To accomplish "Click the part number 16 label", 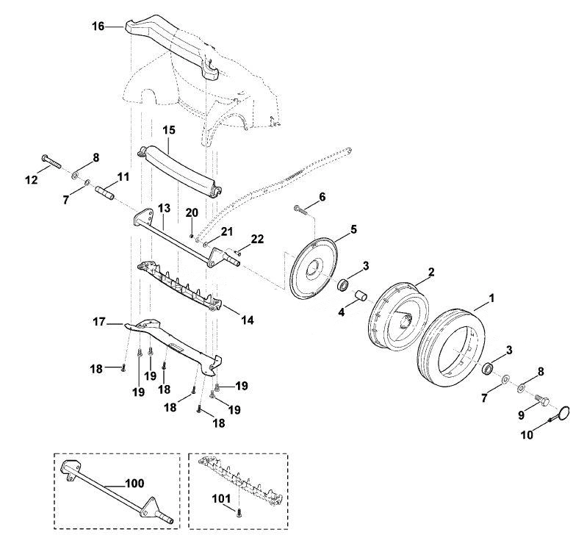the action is pos(98,26).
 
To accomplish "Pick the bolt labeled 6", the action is pos(300,209).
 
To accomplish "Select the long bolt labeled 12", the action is pos(51,162).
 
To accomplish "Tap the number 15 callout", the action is pos(169,130).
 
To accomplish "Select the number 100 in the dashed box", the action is pos(135,484).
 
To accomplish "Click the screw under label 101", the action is pos(239,514).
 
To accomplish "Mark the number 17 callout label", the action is pos(99,322).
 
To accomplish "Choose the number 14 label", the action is pos(248,320).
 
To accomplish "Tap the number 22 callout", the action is pos(257,239).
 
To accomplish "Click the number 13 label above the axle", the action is pos(164,208).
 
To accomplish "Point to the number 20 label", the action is pos(192,212).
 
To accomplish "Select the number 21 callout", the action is pos(226,231).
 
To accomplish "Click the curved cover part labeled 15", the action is pos(179,171).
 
